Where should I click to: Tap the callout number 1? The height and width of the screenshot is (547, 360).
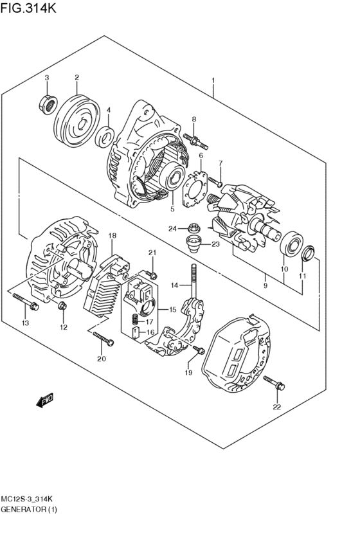click(x=212, y=81)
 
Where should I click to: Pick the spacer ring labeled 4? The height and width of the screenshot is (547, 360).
click(x=105, y=136)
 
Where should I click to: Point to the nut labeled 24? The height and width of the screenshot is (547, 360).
click(x=193, y=227)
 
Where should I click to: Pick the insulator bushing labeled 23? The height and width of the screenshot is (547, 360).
click(x=192, y=243)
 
